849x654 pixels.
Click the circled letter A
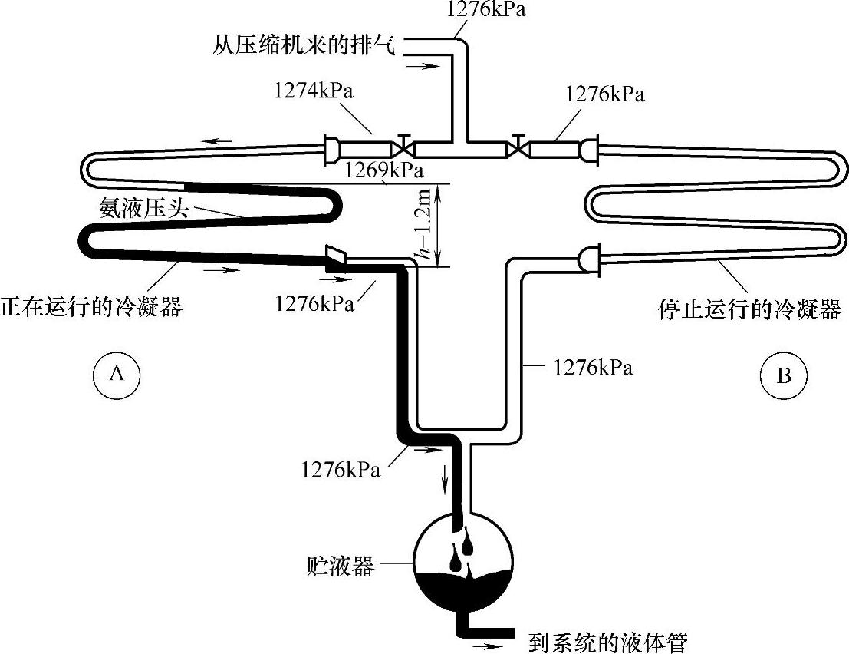point(117,374)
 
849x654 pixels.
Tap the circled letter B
point(783,375)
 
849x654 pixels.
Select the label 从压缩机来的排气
point(304,45)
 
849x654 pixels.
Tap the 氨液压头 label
point(143,206)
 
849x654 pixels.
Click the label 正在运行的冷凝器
point(91,306)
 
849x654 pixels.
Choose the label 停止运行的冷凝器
point(749,309)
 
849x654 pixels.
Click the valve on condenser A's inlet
point(401,146)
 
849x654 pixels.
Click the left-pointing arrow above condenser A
point(220,140)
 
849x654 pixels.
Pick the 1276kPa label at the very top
point(489,10)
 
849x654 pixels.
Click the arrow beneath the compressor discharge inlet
point(418,65)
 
